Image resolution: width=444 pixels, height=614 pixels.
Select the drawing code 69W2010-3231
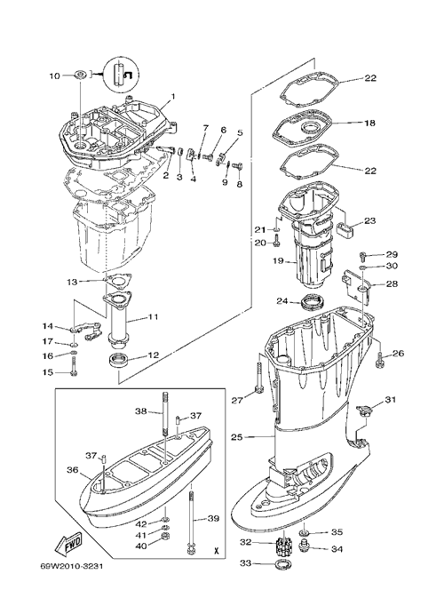pos(72,566)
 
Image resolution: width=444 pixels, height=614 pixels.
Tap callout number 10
pos(54,76)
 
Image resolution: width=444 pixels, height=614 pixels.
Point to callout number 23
pos(369,221)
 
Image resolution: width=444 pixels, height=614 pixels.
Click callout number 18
pos(369,123)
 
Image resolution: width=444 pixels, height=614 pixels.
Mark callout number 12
pos(154,355)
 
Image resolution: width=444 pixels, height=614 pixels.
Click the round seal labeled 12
pos(118,360)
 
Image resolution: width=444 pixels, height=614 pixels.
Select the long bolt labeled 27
pos(258,378)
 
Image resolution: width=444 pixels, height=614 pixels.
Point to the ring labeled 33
pos(280,563)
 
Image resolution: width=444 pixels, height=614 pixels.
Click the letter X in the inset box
pos(216,550)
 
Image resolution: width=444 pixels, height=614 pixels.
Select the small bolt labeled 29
pos(361,257)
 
